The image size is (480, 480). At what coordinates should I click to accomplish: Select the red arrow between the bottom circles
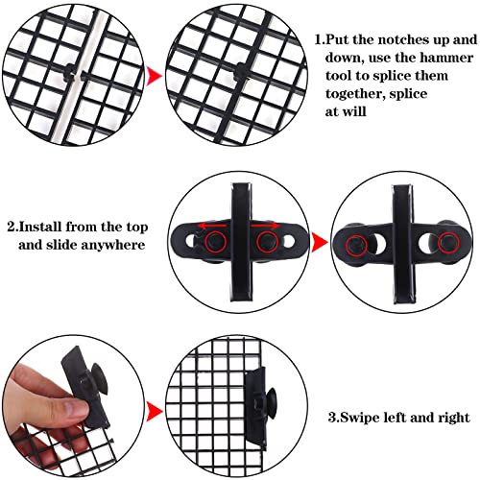[x=152, y=416]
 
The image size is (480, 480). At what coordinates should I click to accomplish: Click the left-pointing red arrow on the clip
[x=208, y=224]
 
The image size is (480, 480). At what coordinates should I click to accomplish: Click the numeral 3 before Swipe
[x=331, y=418]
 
